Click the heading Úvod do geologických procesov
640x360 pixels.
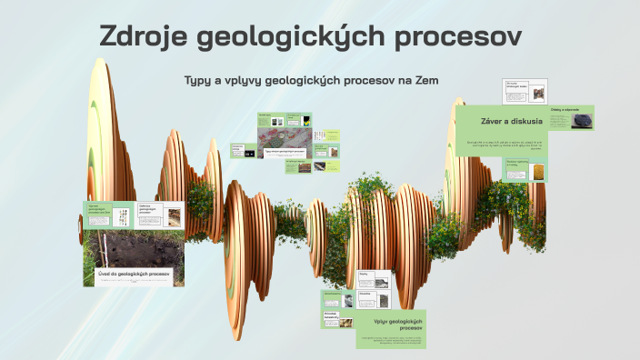click(x=135, y=273)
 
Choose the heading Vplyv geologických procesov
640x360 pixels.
click(x=397, y=325)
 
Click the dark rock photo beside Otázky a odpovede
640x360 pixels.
click(x=580, y=121)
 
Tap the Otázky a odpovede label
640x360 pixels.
click(x=565, y=110)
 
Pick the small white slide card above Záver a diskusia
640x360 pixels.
click(x=525, y=92)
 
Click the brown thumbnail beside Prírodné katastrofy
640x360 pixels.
click(x=346, y=320)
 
